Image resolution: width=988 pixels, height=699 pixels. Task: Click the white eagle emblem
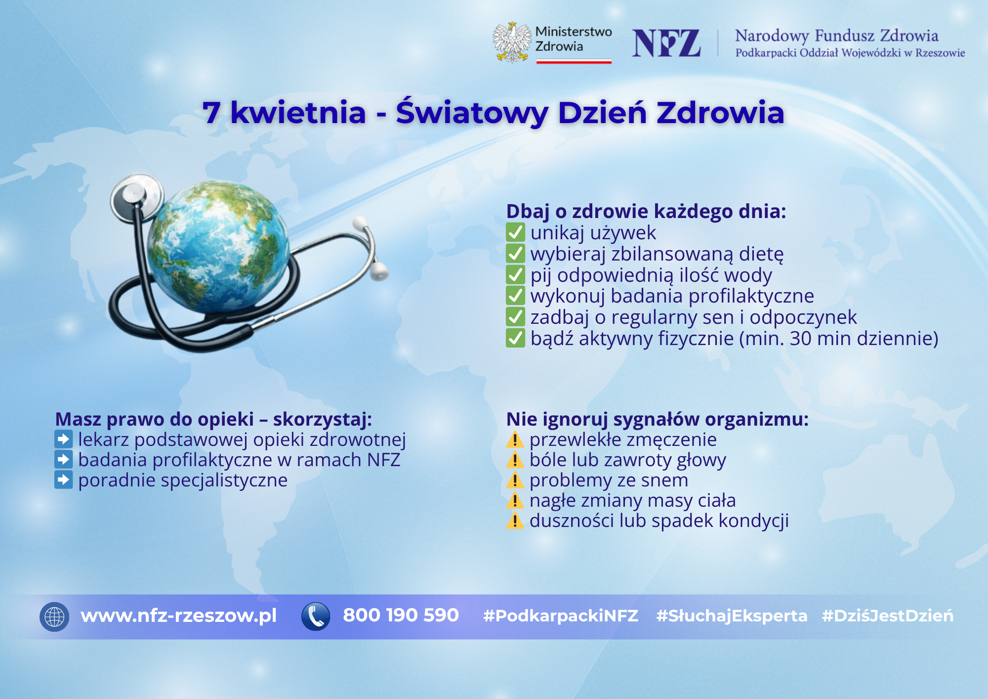(512, 43)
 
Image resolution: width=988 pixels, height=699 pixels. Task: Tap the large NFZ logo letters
(666, 44)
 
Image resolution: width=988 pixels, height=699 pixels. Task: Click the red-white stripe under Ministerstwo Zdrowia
(574, 62)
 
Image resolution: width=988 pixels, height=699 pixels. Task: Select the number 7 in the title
(211, 113)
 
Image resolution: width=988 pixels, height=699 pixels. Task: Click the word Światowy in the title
(472, 113)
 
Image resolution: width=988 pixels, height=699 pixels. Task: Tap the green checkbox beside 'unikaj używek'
(515, 232)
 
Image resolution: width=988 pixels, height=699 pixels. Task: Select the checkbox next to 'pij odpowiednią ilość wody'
(515, 275)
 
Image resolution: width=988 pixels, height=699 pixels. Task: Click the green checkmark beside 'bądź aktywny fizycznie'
(515, 339)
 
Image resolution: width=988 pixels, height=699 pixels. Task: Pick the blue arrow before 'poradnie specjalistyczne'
(64, 480)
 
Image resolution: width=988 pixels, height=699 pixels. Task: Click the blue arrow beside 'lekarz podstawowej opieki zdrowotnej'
(64, 439)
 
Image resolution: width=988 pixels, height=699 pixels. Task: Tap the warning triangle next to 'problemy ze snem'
(515, 480)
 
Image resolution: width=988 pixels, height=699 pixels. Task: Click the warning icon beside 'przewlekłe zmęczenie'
(515, 439)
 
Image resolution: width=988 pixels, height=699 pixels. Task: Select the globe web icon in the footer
(54, 616)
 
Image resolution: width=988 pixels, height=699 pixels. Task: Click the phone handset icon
(316, 616)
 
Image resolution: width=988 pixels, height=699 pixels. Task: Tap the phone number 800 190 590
(401, 615)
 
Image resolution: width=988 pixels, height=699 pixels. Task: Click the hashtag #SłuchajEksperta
(732, 616)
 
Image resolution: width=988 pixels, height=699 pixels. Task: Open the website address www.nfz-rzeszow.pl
(178, 616)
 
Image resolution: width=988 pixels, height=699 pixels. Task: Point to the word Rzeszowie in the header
(940, 53)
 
